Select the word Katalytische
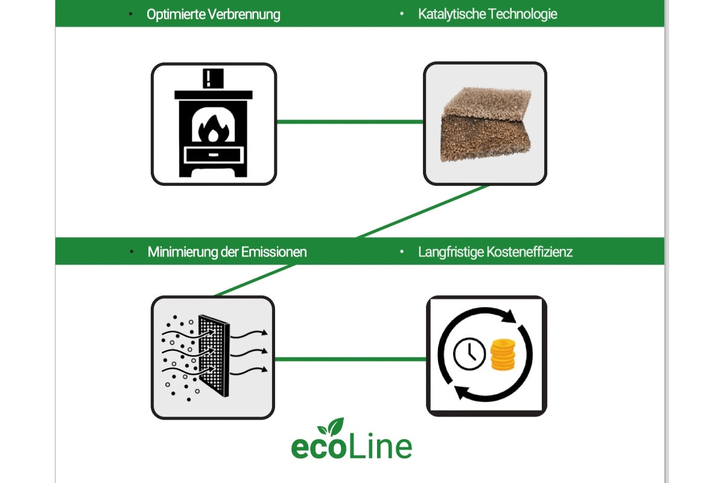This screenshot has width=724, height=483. coord(451,14)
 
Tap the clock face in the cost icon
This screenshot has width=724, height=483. coord(469,354)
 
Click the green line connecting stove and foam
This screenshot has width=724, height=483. coord(350,122)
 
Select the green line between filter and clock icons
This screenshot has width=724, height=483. coord(350,359)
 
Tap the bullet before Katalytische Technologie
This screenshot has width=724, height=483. coord(402,14)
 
